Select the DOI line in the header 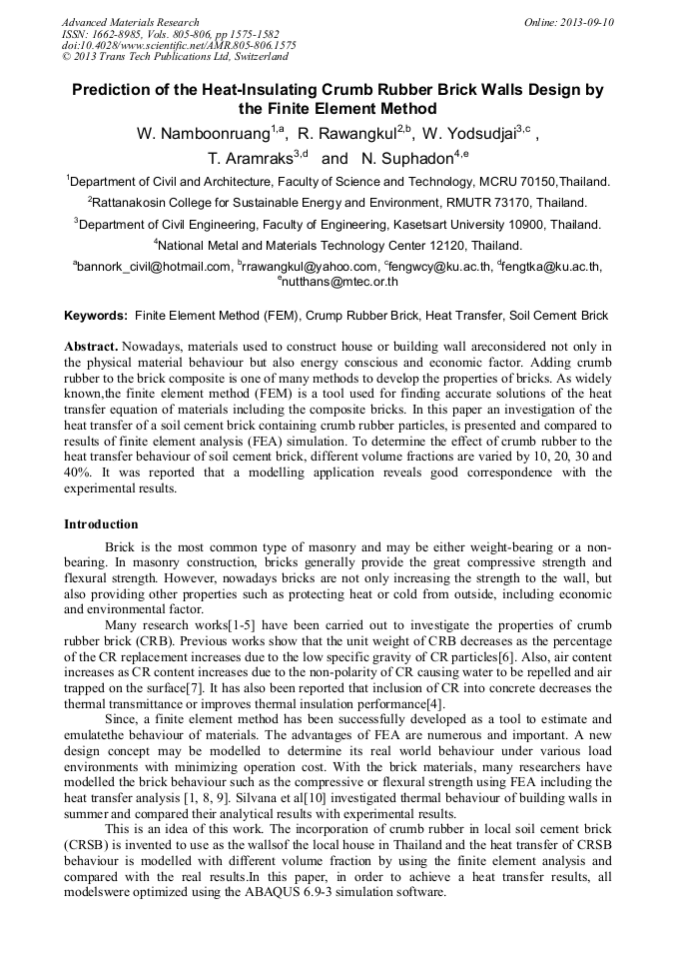point(179,46)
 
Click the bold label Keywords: point(96,316)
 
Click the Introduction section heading point(101,523)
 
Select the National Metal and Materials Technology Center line point(338,245)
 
